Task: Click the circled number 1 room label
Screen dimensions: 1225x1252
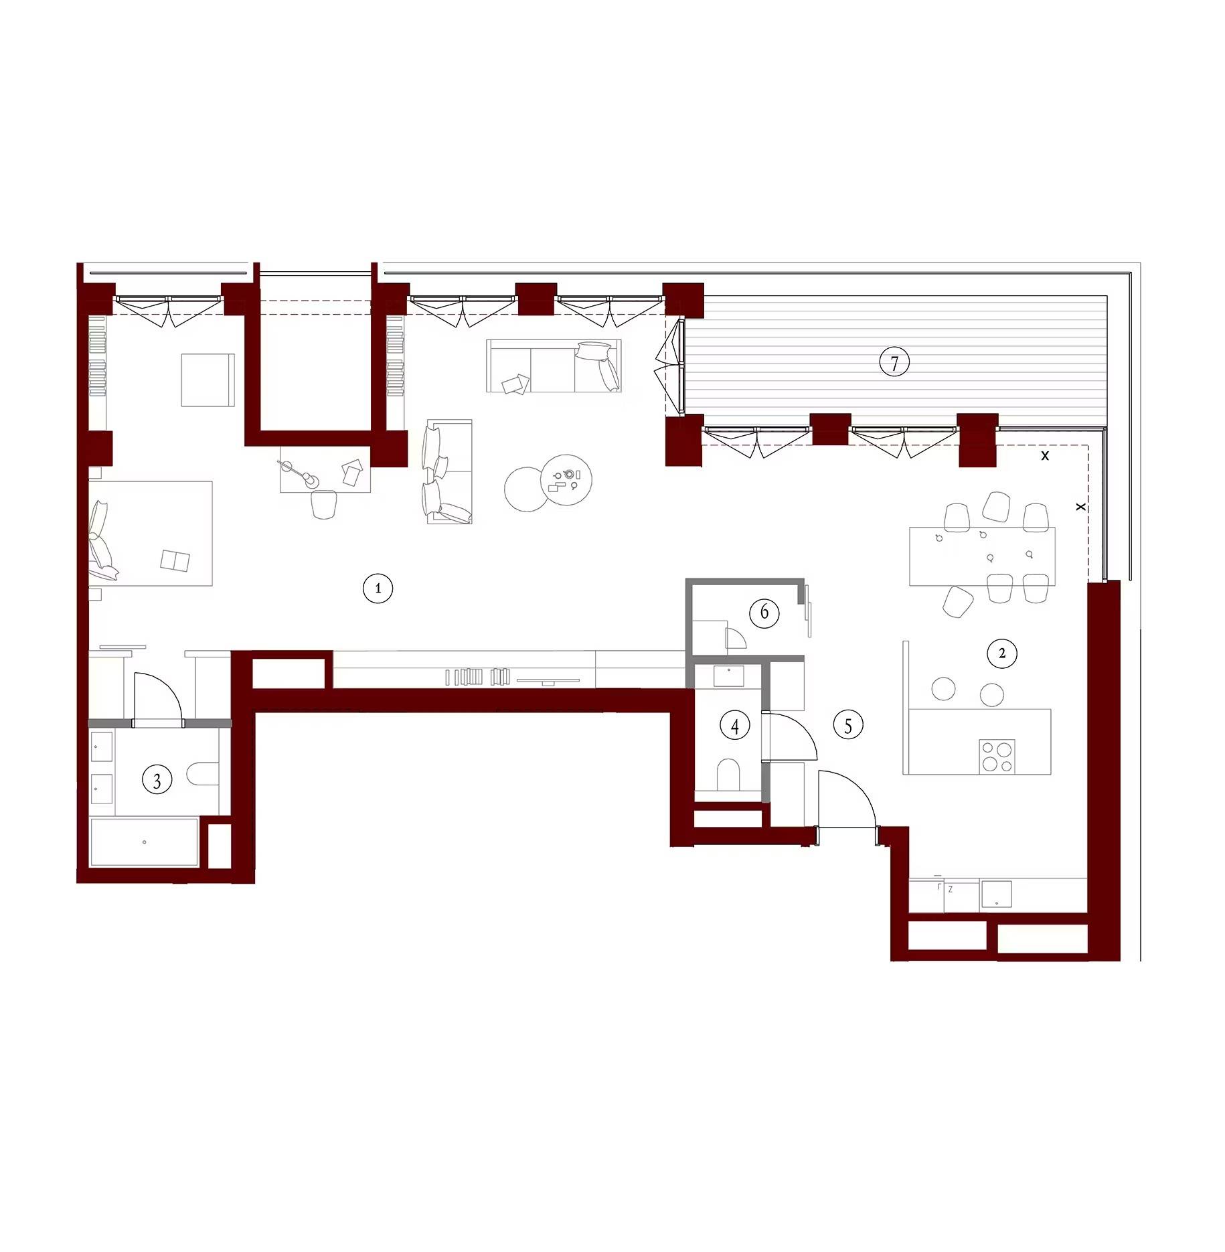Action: (378, 589)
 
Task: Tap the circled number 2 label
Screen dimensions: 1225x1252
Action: (1001, 653)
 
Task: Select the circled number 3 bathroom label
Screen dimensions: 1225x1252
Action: (157, 780)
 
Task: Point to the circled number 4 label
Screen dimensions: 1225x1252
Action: (735, 725)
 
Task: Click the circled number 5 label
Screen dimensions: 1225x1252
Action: (848, 725)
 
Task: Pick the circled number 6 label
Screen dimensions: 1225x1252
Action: (764, 613)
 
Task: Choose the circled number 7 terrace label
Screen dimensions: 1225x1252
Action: (894, 363)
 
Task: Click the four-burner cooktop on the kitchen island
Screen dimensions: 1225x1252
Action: (997, 757)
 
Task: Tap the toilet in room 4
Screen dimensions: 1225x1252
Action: (728, 775)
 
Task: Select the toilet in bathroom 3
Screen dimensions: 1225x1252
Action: (203, 774)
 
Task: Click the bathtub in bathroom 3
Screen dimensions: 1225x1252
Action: (145, 842)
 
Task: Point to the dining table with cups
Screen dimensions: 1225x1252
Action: (982, 556)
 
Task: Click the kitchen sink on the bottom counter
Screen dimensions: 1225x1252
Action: (996, 894)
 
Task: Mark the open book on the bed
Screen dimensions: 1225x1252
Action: (175, 561)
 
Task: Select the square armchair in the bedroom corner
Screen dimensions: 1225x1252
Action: (208, 380)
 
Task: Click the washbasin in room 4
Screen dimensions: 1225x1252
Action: (728, 676)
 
